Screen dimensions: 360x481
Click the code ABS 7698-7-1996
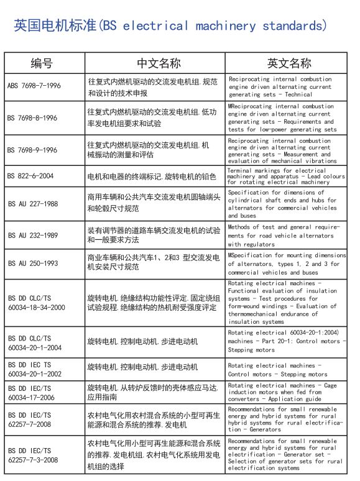(34, 86)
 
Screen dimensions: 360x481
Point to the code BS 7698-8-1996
(32, 117)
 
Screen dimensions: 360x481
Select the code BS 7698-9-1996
(32, 150)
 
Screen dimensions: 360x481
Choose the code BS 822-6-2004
(30, 176)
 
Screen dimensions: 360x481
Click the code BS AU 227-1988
(32, 203)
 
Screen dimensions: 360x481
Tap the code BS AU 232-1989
(32, 236)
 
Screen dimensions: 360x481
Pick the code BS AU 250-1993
(32, 264)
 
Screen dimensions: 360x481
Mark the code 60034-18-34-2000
(36, 307)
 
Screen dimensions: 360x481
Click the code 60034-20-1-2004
(34, 347)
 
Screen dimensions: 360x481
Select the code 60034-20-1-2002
(34, 375)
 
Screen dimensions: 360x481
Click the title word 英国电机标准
(55, 25)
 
